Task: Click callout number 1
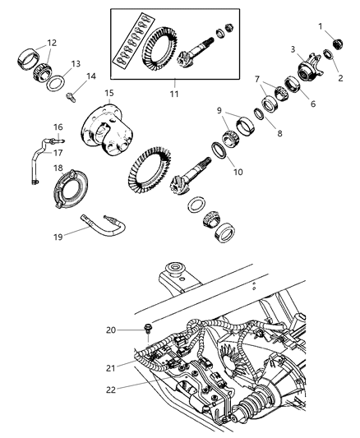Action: (321, 26)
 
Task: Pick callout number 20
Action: (110, 330)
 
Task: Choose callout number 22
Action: (109, 390)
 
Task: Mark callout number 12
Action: (52, 43)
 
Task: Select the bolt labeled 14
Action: (71, 96)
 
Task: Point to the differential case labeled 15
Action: (105, 132)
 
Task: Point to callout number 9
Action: (220, 110)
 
